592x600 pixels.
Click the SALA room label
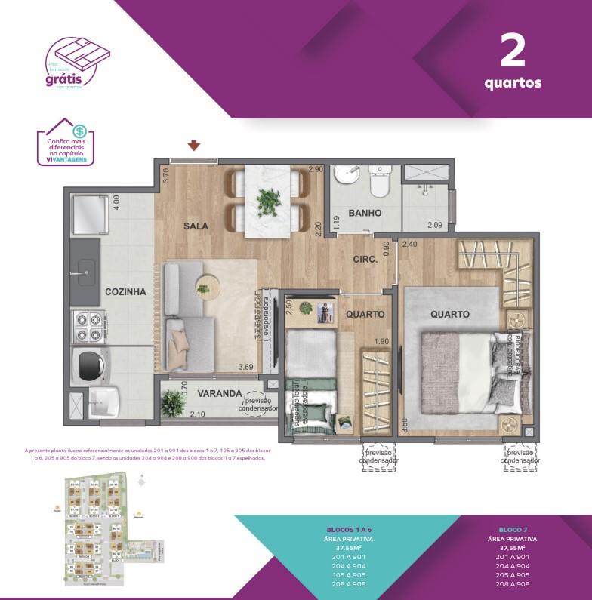195,226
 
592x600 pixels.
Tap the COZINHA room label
125,291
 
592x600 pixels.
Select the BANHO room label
365,214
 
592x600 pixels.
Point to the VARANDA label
219,394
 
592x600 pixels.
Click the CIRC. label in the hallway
365,260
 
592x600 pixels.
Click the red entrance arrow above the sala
194,146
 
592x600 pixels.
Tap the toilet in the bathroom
378,181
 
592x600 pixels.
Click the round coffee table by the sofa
205,285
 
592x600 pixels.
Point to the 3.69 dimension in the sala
246,368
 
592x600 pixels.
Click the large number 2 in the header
513,51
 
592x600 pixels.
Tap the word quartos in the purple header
513,83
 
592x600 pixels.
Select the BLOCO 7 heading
513,531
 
